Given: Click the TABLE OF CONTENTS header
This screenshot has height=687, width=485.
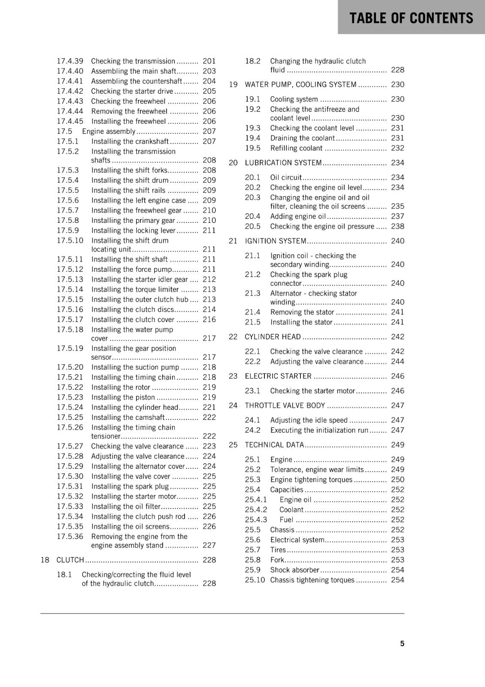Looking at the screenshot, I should tap(411, 18).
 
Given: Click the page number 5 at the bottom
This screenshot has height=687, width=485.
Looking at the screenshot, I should tap(402, 643).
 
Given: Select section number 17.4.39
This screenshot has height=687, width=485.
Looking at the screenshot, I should tap(70, 61).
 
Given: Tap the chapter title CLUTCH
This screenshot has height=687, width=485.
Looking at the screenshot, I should tap(70, 560).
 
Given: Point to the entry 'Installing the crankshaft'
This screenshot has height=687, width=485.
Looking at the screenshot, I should tap(130, 141).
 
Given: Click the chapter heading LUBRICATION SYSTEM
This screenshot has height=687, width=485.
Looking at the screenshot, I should tap(283, 163).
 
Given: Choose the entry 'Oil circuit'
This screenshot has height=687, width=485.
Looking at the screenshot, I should tap(286, 177).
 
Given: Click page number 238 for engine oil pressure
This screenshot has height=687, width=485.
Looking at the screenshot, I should tap(397, 226).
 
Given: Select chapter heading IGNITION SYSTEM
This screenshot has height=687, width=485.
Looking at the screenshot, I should tap(276, 241).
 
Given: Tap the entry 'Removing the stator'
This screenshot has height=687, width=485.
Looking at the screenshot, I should tap(302, 312).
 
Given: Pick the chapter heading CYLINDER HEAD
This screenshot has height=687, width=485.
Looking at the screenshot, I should tap(273, 337).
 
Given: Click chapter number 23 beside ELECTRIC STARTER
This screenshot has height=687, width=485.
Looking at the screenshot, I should tap(233, 376).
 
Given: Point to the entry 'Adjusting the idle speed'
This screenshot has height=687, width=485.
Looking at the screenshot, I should tap(309, 420).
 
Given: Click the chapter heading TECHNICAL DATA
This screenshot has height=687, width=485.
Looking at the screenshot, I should tap(274, 445).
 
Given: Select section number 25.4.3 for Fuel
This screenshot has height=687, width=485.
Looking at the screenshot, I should tap(256, 520).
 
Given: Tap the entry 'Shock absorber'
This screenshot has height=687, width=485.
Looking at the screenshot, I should tap(294, 570).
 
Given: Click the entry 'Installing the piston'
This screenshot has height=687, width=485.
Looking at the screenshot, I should tap(123, 397).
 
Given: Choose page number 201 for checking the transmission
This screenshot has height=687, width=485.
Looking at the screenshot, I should tap(209, 61).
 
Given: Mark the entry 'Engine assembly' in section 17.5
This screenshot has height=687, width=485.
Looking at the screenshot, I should tap(109, 131).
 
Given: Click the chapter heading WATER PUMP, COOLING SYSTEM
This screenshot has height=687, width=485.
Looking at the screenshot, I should tap(300, 85).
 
